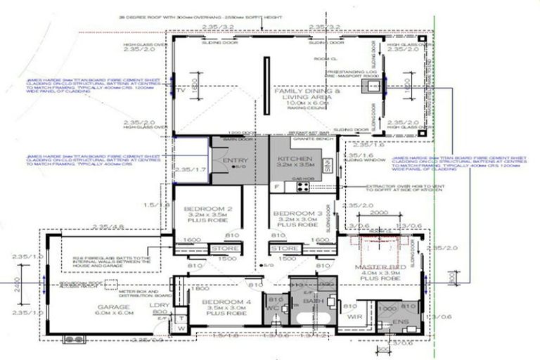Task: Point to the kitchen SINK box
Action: (327, 166)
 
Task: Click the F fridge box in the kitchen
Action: (277, 186)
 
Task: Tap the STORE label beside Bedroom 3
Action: (284, 248)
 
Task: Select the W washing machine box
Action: (181, 328)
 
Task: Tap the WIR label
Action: (355, 316)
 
